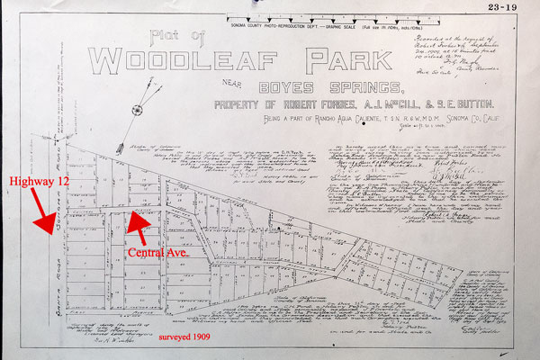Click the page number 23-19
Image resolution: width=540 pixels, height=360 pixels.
[512, 8]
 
